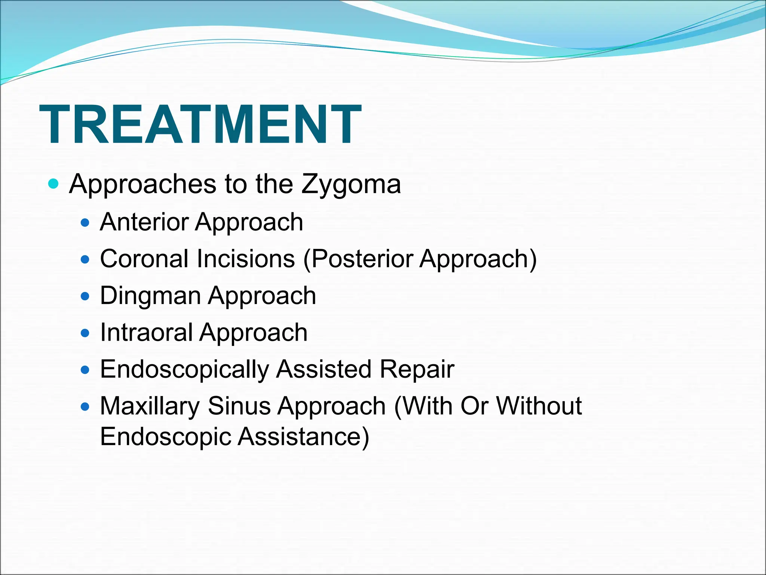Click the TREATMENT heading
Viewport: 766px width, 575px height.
(x=200, y=124)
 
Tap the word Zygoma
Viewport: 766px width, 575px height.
(x=351, y=184)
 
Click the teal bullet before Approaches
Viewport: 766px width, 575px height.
(x=54, y=184)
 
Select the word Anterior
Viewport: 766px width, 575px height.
(x=144, y=222)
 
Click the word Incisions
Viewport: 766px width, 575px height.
(x=246, y=259)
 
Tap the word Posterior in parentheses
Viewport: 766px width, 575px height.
(x=361, y=259)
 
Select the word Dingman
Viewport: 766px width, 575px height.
(x=150, y=296)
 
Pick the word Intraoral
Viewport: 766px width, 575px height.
(x=146, y=332)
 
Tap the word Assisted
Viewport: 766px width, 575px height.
(x=324, y=369)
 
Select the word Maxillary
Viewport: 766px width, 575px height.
(x=150, y=406)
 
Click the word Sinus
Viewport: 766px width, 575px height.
(x=239, y=406)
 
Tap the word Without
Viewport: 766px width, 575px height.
(x=539, y=406)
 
